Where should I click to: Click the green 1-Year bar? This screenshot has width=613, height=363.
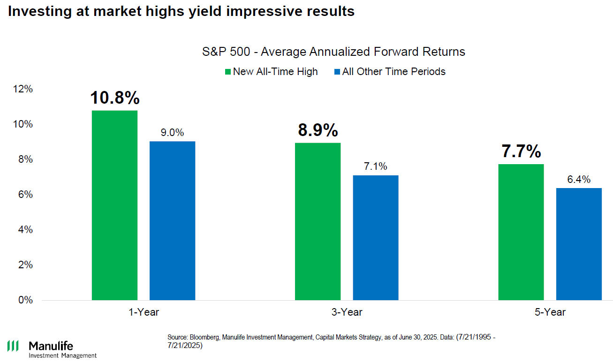point(114,205)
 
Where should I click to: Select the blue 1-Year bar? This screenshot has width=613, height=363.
point(172,220)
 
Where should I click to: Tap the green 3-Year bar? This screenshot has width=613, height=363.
point(318,221)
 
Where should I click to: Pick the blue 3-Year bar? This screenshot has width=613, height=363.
point(376,238)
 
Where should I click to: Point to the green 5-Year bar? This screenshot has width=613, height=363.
point(521,232)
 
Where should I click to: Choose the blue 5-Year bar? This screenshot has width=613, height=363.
point(579,244)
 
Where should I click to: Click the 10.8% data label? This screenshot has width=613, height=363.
point(115,98)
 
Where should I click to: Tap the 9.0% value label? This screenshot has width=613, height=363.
point(172,133)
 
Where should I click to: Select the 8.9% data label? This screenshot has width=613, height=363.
point(318,130)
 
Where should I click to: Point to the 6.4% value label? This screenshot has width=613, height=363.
point(579,179)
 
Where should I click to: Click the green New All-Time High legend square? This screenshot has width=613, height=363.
point(228,72)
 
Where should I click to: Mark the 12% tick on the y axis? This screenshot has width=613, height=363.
point(23,89)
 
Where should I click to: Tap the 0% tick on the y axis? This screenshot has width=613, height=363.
point(25,300)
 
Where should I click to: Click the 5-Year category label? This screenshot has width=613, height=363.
point(550,312)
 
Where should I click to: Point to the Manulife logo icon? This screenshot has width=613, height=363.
point(13,347)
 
